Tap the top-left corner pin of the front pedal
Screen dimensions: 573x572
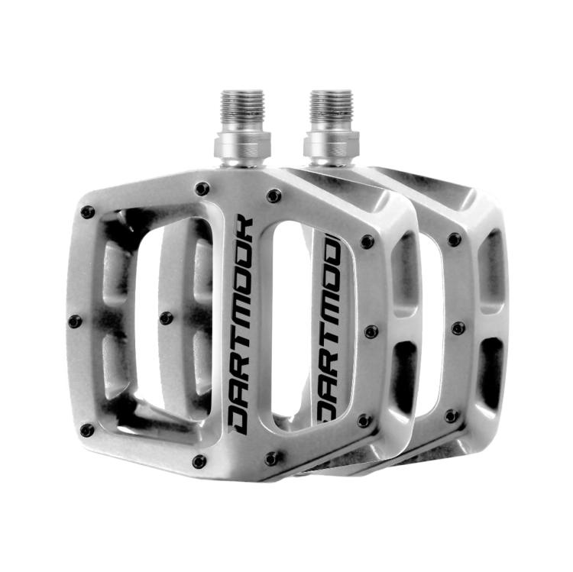pyautogui.click(x=87, y=212)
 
